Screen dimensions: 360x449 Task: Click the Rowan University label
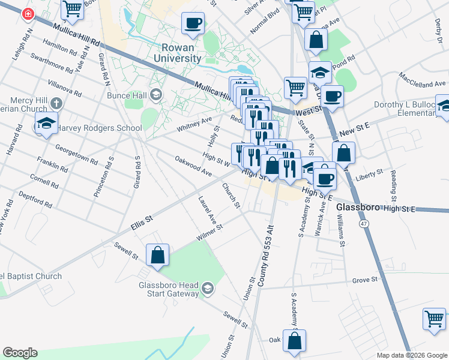click(181, 53)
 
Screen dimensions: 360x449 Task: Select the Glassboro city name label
click(359, 207)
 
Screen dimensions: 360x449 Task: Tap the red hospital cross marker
click(28, 14)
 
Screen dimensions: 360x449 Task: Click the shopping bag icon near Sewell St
click(157, 254)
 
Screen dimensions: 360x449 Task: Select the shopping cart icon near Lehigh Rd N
click(72, 8)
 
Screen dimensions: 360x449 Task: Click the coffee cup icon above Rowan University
click(193, 23)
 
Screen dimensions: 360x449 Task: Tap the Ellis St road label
click(142, 225)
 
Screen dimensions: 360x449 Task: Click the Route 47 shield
click(364, 224)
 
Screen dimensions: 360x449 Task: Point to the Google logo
click(20, 353)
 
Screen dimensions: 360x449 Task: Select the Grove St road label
click(364, 280)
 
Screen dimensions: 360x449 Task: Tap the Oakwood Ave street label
click(193, 166)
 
